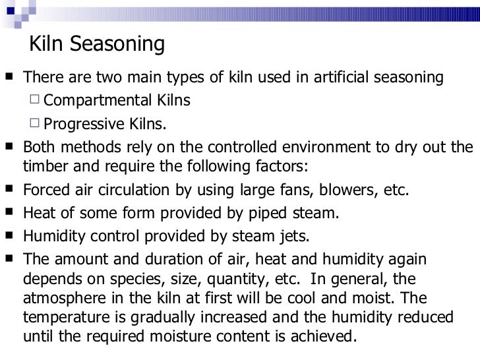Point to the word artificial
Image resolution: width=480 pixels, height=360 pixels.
316,78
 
